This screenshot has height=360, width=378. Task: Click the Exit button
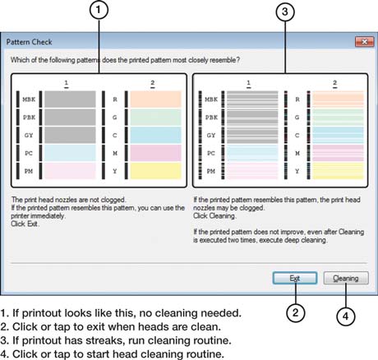(x=295, y=278)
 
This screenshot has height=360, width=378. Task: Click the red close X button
(x=365, y=42)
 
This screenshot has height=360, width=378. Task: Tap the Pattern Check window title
(x=30, y=42)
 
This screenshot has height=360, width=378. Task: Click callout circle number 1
(x=99, y=10)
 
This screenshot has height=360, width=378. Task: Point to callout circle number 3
(x=285, y=12)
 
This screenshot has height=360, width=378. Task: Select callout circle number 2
(x=296, y=312)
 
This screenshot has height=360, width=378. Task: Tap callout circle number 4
(x=346, y=316)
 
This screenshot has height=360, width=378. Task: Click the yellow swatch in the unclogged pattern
(x=155, y=171)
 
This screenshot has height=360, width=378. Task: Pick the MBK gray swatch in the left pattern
(x=70, y=99)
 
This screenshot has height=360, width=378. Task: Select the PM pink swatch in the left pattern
(x=70, y=171)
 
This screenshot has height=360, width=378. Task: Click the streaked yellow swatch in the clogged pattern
(x=338, y=171)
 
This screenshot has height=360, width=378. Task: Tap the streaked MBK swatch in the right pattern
(x=252, y=99)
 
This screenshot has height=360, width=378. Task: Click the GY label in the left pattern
(x=29, y=136)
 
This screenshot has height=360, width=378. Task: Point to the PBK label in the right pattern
(x=211, y=118)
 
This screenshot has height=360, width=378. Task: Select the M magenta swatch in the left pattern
(x=155, y=153)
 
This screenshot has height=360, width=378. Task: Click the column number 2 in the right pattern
(x=334, y=83)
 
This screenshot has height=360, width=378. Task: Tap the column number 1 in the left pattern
(x=67, y=83)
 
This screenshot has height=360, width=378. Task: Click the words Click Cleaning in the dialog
(x=214, y=216)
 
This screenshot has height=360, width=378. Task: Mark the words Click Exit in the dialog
(x=25, y=224)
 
